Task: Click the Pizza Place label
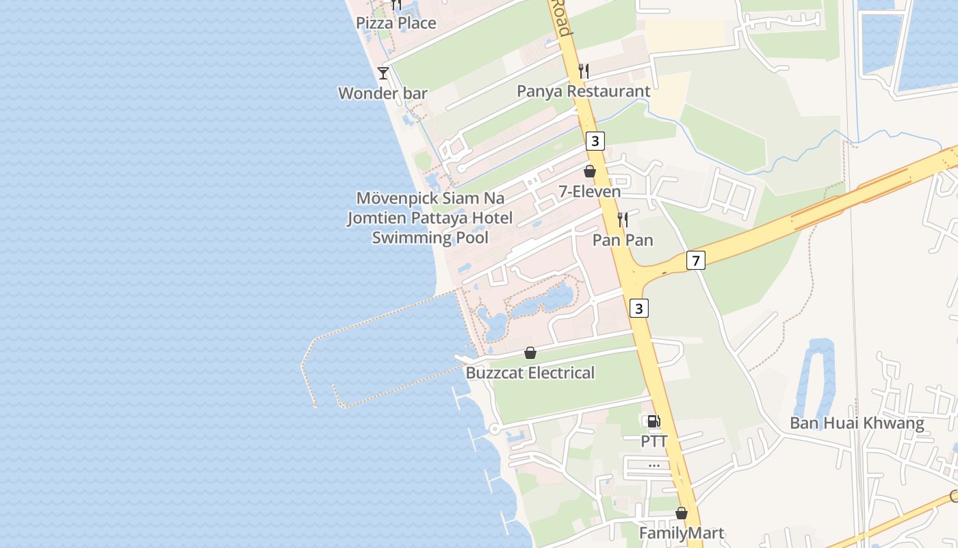396,23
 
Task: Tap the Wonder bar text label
383,93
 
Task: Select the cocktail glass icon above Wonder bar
383,73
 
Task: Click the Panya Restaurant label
583,91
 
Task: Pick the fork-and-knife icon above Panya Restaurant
584,70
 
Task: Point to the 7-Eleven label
589,192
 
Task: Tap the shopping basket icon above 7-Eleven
589,171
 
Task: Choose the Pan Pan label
623,240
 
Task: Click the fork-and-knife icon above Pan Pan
623,219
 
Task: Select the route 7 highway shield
696,260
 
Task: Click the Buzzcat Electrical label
530,373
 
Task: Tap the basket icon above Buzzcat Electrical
530,353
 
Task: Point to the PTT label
653,442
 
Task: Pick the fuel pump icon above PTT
653,421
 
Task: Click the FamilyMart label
681,533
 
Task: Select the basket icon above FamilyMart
681,513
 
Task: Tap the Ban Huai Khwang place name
857,423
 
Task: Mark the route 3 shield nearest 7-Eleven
595,141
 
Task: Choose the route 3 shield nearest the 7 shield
639,308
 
